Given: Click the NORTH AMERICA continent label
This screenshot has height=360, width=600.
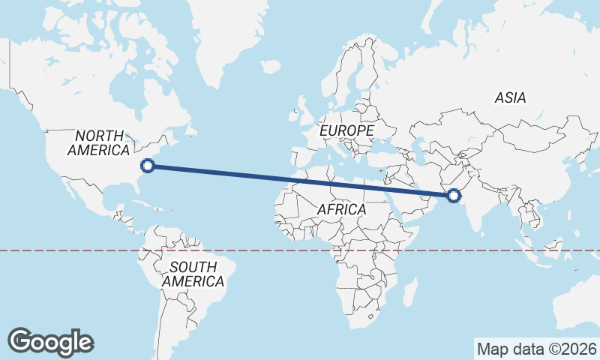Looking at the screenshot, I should tap(98, 142).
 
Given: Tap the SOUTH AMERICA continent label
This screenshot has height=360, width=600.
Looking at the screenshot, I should tap(193, 274).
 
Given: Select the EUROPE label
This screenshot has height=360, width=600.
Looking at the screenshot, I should tap(346, 130).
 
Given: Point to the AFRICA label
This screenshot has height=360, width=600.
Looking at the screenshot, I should tap(341, 210).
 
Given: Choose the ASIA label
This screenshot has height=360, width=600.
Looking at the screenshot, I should tap(510, 97).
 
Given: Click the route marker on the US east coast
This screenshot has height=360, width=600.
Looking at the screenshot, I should tap(148, 166).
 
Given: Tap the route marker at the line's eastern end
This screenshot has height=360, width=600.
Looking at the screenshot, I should tap(453, 196).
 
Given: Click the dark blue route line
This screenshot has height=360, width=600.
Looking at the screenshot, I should tap(300, 181).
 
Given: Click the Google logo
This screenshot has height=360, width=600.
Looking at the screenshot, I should tap(51, 341).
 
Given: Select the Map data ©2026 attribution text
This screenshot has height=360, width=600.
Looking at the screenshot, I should tap(536, 349).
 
